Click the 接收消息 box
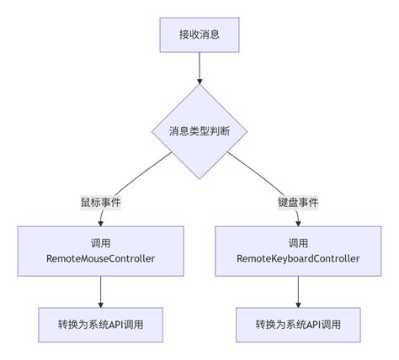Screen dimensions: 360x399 199,34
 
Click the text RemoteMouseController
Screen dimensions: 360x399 100,259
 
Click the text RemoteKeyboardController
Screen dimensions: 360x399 299,259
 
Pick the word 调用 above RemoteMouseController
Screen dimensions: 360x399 100,241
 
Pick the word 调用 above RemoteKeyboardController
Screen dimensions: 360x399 299,241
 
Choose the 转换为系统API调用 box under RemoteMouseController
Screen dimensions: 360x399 100,324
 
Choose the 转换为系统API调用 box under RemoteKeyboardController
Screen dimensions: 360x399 299,324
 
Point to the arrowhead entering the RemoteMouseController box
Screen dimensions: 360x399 100,222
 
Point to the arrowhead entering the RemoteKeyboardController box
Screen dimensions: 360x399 299,222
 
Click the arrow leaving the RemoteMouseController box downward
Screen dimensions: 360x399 100,290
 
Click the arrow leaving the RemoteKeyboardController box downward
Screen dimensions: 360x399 299,290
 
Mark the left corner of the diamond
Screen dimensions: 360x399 152,131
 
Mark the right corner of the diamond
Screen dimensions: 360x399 247,131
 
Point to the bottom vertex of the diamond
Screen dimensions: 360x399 199,178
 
